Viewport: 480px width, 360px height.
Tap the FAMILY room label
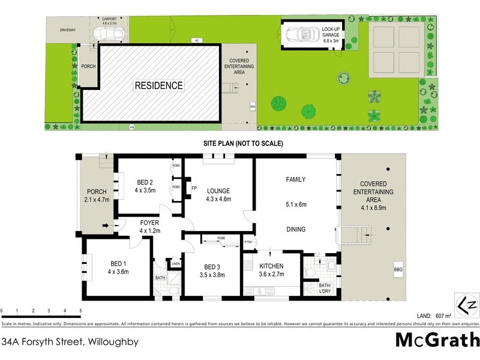coord(295,179)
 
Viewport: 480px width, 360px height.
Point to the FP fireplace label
coord(194,188)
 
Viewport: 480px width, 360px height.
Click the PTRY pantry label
coord(248,242)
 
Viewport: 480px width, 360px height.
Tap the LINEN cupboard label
coord(175,263)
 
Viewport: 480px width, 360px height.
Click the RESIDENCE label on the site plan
coord(158,86)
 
